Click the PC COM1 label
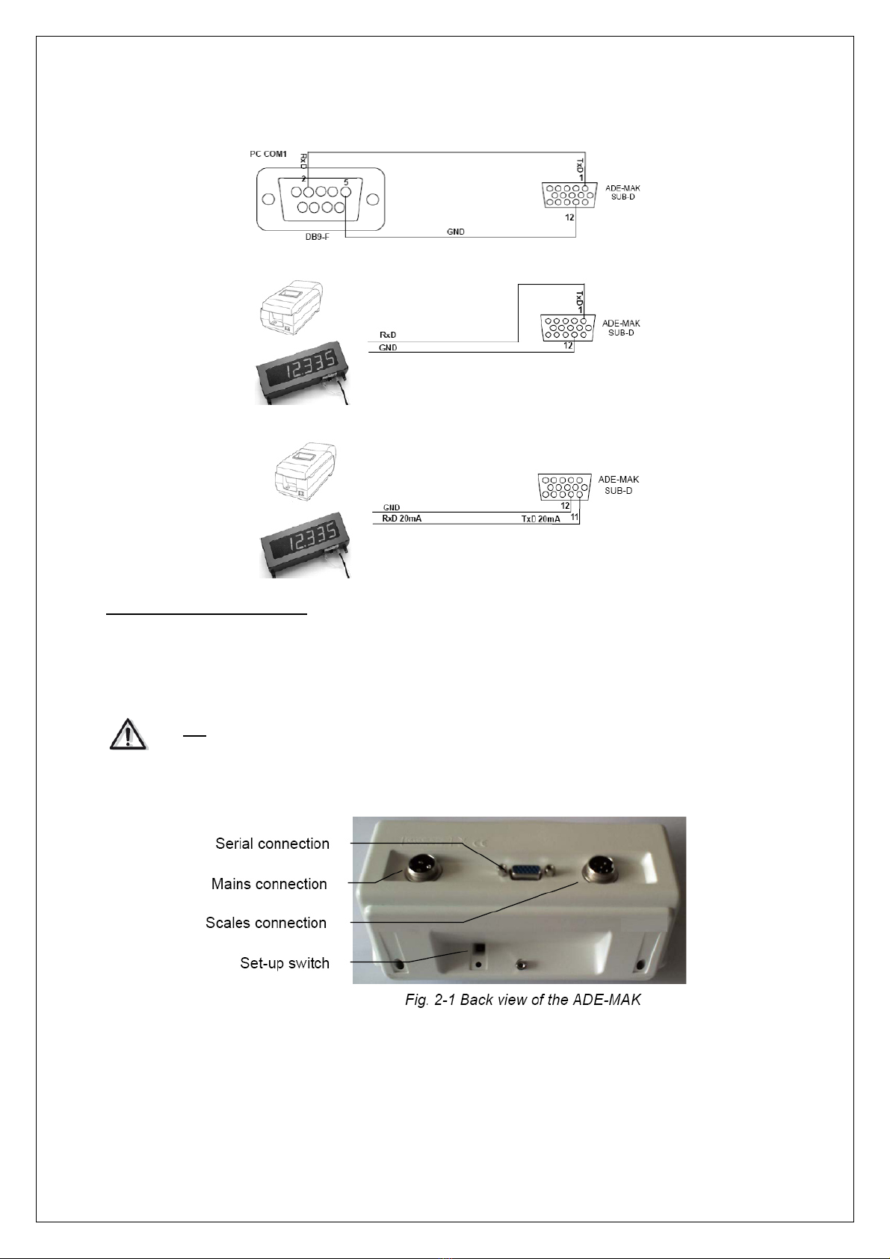pyautogui.click(x=268, y=154)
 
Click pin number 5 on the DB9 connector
pyautogui.click(x=346, y=182)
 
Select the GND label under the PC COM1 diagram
pyautogui.click(x=455, y=232)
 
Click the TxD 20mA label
pyautogui.click(x=540, y=519)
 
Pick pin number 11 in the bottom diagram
pyautogui.click(x=575, y=516)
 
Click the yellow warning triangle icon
pyautogui.click(x=128, y=734)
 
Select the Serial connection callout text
pyautogui.click(x=272, y=844)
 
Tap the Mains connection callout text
pyautogui.click(x=269, y=884)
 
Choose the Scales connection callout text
pyautogui.click(x=266, y=923)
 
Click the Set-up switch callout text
pyautogui.click(x=285, y=963)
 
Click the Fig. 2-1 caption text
pyautogui.click(x=522, y=1000)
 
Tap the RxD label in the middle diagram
pyautogui.click(x=388, y=335)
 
